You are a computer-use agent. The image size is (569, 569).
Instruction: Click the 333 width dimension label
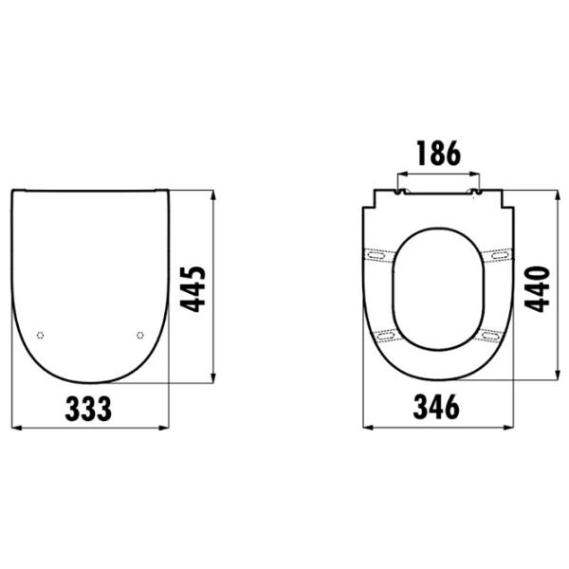point(88,409)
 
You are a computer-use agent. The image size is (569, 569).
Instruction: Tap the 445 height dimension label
point(193,289)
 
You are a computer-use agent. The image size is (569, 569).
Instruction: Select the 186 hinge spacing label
point(439,153)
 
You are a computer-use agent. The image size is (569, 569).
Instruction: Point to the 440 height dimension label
point(537,289)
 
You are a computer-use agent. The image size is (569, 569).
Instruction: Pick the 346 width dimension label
point(436,407)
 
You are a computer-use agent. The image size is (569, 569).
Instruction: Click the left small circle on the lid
point(40,336)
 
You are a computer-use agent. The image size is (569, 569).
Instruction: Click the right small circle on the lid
point(140,336)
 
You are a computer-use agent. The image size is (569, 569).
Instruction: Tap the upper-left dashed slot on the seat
point(377,255)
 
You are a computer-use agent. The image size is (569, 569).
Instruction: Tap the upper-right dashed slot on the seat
point(499,255)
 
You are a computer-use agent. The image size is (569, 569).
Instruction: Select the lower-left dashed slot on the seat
point(387,336)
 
